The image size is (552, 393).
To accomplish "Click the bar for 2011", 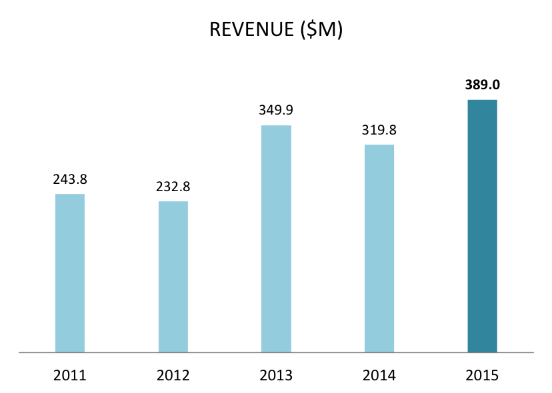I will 70,272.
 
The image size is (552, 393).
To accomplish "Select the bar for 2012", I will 173,276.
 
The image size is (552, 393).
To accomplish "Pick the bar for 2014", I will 379,248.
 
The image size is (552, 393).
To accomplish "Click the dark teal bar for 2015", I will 483,226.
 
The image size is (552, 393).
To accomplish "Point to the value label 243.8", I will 70,179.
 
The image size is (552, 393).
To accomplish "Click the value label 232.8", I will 173,187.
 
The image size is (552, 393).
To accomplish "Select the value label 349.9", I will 277,111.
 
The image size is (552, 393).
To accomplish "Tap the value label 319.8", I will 379,130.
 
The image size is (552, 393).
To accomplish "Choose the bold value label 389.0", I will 483,85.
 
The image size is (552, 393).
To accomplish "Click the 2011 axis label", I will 70,375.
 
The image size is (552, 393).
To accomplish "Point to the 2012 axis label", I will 173,375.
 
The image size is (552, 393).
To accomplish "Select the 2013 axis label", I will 277,375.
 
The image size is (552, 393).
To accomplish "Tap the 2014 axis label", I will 379,375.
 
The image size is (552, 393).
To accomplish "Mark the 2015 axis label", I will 483,375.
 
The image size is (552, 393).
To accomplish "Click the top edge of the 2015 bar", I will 483,101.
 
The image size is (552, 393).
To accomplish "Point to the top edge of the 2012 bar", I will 173,202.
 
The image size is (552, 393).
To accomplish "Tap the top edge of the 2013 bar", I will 277,126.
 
